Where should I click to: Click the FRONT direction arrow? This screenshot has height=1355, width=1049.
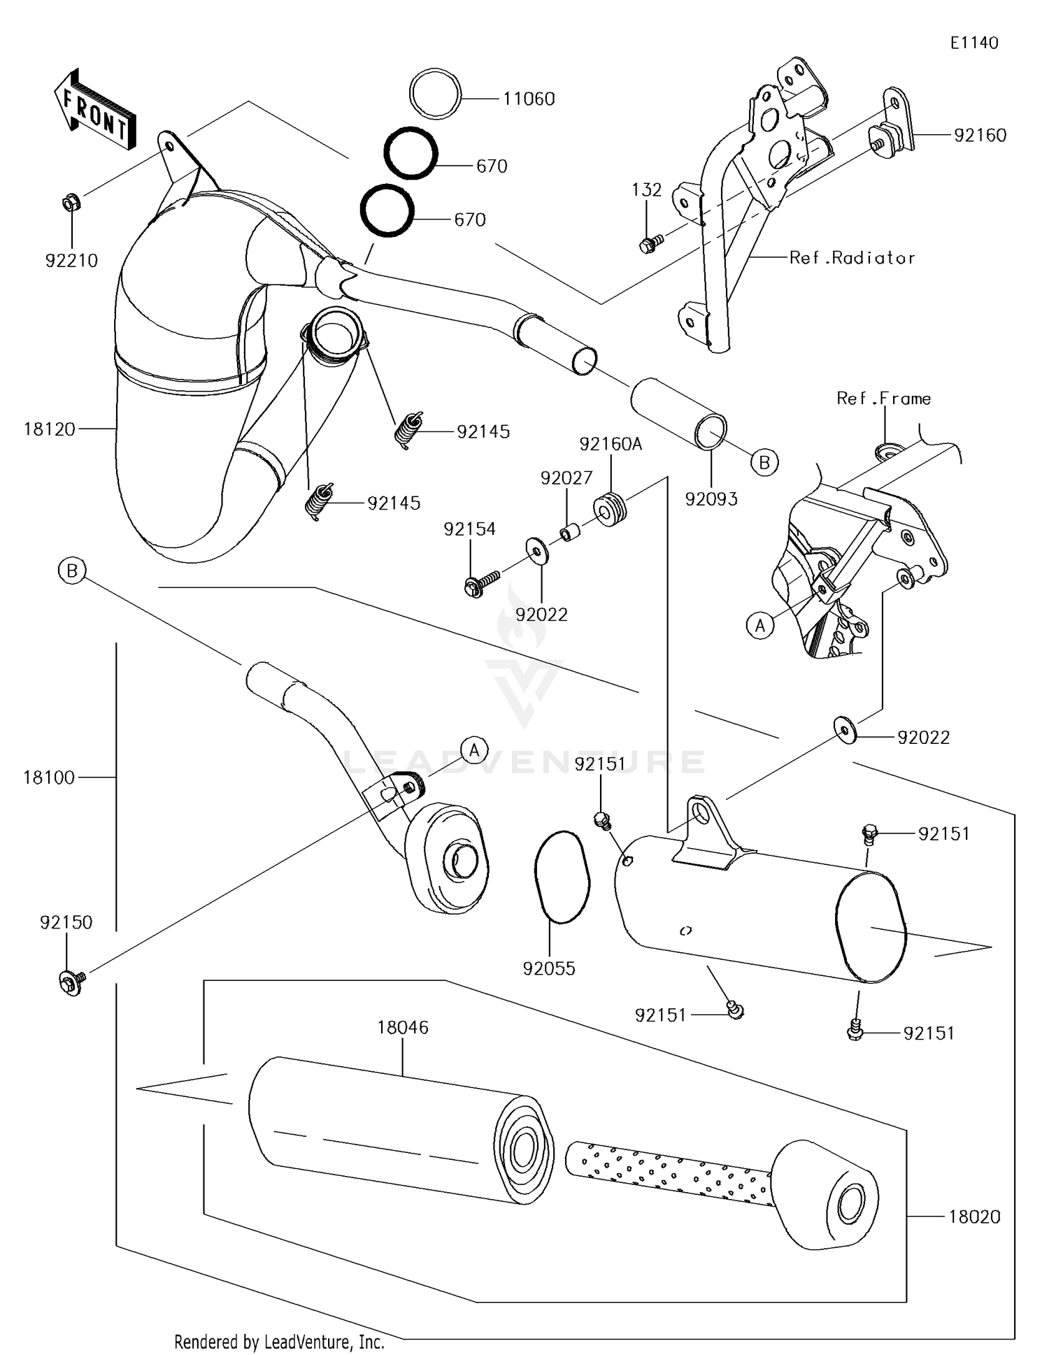point(94,110)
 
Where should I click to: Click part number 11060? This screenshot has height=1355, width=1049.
point(529,99)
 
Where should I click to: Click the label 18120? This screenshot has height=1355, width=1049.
point(49,429)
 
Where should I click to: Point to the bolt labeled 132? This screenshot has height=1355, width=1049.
point(648,245)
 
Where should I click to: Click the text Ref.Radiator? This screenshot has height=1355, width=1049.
point(851,258)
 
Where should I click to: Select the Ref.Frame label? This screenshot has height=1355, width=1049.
point(883,399)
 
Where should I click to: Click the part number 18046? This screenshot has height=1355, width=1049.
point(402,1028)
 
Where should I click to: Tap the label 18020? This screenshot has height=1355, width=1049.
point(974,1217)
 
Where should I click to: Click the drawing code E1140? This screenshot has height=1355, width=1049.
point(973,43)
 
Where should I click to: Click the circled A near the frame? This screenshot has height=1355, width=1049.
point(760,626)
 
